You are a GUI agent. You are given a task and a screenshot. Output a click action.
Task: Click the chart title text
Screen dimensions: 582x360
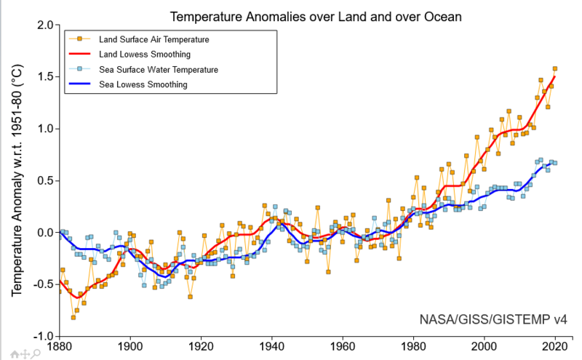tap(316, 17)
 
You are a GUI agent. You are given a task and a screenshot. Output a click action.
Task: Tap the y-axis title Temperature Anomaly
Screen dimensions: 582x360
tap(17, 180)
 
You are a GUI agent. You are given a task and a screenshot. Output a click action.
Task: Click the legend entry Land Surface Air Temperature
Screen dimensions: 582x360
tap(154, 39)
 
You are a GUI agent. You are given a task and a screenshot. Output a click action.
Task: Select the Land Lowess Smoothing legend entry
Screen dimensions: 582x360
tap(144, 55)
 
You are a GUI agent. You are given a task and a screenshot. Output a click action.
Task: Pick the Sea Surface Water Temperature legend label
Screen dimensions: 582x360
tap(159, 69)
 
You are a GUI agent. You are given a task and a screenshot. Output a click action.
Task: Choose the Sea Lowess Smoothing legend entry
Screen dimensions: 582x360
tap(143, 84)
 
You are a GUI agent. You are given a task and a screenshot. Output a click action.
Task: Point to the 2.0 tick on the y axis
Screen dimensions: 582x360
tap(46, 25)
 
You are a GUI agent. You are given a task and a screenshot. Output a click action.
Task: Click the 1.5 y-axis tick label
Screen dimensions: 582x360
tap(46, 77)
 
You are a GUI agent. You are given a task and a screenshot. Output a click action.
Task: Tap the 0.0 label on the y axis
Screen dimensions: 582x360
tap(46, 233)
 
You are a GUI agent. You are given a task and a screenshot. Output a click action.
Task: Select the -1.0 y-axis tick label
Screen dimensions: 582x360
tap(44, 337)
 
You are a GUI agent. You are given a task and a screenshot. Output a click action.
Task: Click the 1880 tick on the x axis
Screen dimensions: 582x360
tap(60, 347)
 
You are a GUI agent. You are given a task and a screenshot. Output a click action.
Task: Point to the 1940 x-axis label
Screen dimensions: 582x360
tap(271, 347)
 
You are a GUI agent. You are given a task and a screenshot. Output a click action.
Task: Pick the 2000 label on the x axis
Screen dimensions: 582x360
tap(484, 347)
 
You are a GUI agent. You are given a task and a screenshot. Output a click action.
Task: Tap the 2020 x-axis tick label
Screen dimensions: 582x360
tap(555, 347)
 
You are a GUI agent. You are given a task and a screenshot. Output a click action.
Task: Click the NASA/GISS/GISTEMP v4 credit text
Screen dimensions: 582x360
tap(493, 319)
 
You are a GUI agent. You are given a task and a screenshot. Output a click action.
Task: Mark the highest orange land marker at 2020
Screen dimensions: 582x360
tap(555, 68)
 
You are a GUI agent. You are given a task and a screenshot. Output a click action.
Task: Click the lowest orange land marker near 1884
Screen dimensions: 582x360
tap(73, 317)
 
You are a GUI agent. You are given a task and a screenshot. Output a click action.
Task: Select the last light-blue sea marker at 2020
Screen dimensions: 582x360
tap(555, 163)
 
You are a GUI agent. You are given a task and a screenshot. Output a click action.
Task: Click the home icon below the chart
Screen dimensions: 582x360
tap(15, 354)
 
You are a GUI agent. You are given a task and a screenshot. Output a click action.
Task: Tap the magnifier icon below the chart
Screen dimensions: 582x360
tap(36, 354)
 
